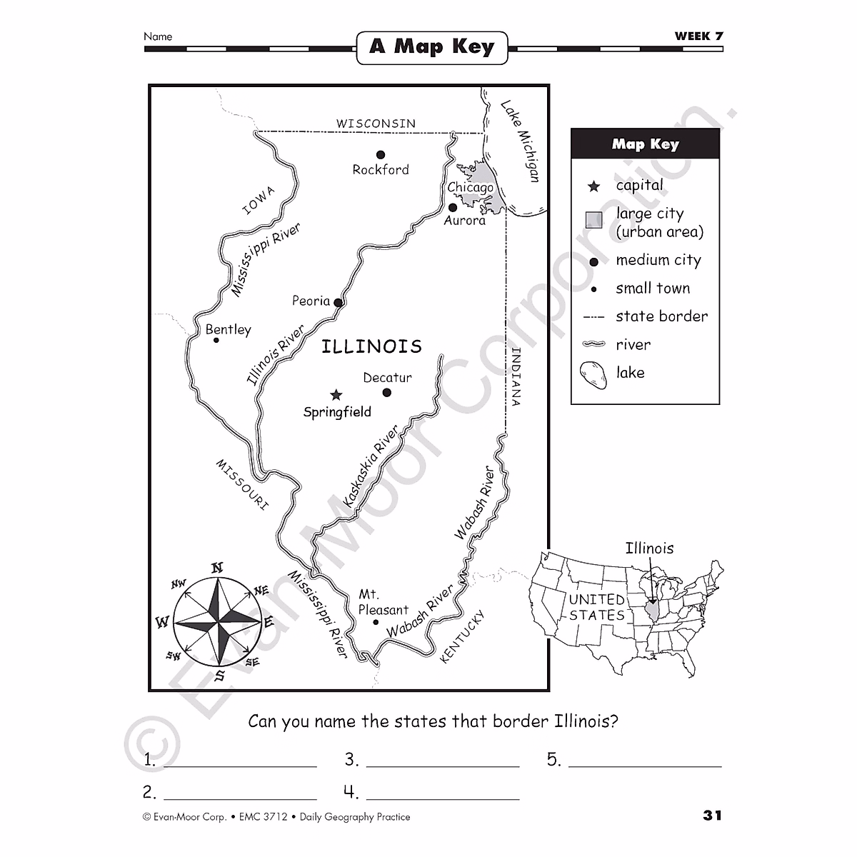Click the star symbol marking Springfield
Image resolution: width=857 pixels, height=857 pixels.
(336, 395)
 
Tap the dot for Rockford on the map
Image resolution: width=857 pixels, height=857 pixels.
(381, 154)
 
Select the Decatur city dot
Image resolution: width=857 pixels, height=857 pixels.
(386, 392)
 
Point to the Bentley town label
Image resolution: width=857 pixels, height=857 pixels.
(229, 329)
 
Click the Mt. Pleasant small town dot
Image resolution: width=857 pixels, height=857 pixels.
(376, 623)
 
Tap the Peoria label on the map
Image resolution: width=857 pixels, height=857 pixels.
(311, 301)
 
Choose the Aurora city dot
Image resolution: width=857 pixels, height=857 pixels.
(452, 208)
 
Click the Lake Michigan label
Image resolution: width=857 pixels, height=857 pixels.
(521, 141)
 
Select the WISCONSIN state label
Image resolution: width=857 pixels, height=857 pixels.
(376, 124)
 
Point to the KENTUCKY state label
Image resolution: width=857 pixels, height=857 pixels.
(462, 636)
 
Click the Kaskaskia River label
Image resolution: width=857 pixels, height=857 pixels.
(371, 468)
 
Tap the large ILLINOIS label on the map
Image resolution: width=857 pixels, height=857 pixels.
(371, 346)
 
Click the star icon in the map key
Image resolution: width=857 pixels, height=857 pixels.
(593, 186)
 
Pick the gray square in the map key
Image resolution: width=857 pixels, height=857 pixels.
(593, 220)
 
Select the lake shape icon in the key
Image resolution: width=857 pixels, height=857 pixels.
(593, 374)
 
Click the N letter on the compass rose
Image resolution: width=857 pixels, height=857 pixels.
(217, 568)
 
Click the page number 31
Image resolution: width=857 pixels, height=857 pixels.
(712, 815)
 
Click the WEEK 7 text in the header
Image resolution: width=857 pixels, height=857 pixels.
(698, 36)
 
